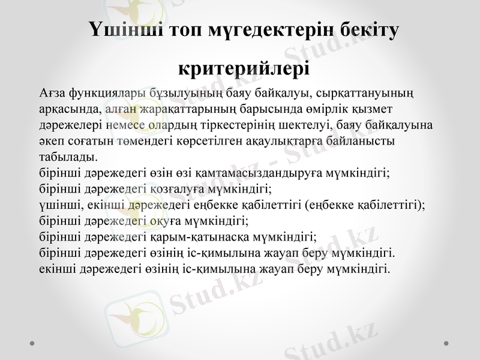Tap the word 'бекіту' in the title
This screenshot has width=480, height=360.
click(360, 29)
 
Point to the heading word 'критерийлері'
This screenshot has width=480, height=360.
click(244, 67)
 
